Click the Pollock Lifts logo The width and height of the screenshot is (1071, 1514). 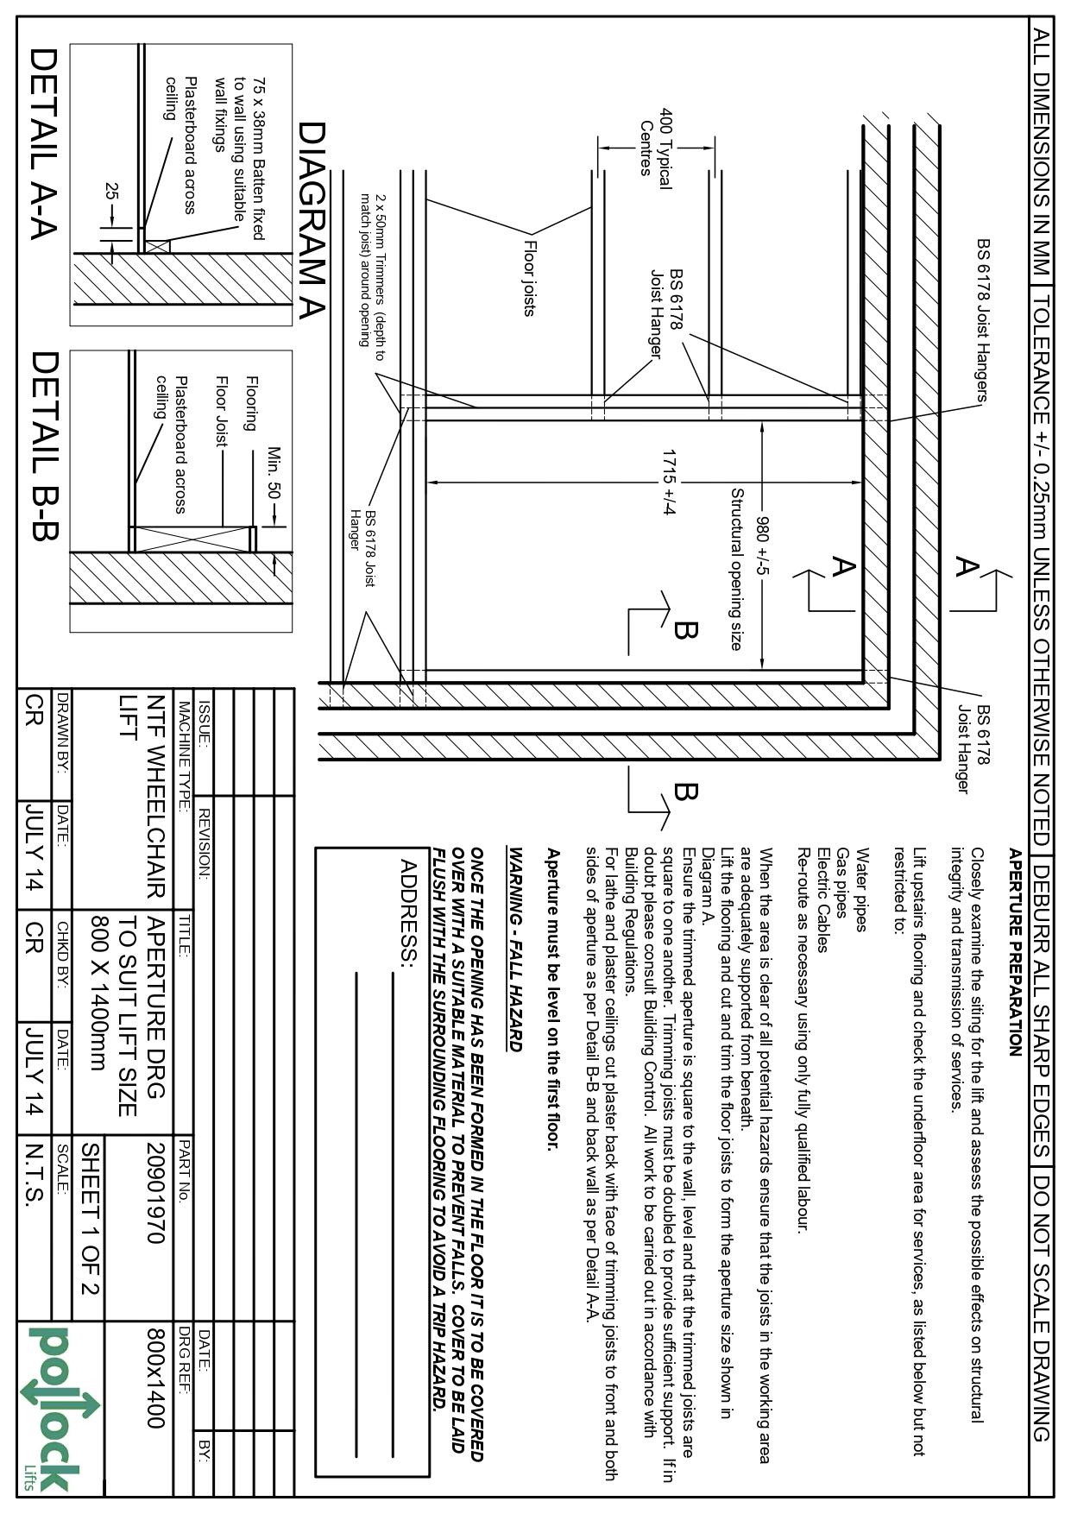click(56, 1409)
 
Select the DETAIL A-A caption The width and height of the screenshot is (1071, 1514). click(43, 142)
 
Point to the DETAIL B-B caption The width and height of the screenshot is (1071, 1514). click(43, 445)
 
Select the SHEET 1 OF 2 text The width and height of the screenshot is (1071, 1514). click(90, 1219)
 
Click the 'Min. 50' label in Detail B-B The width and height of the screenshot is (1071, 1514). click(274, 473)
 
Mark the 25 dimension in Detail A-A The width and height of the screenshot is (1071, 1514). click(110, 192)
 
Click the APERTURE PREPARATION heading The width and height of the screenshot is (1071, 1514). click(1015, 953)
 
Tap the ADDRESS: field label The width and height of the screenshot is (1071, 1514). click(409, 911)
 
